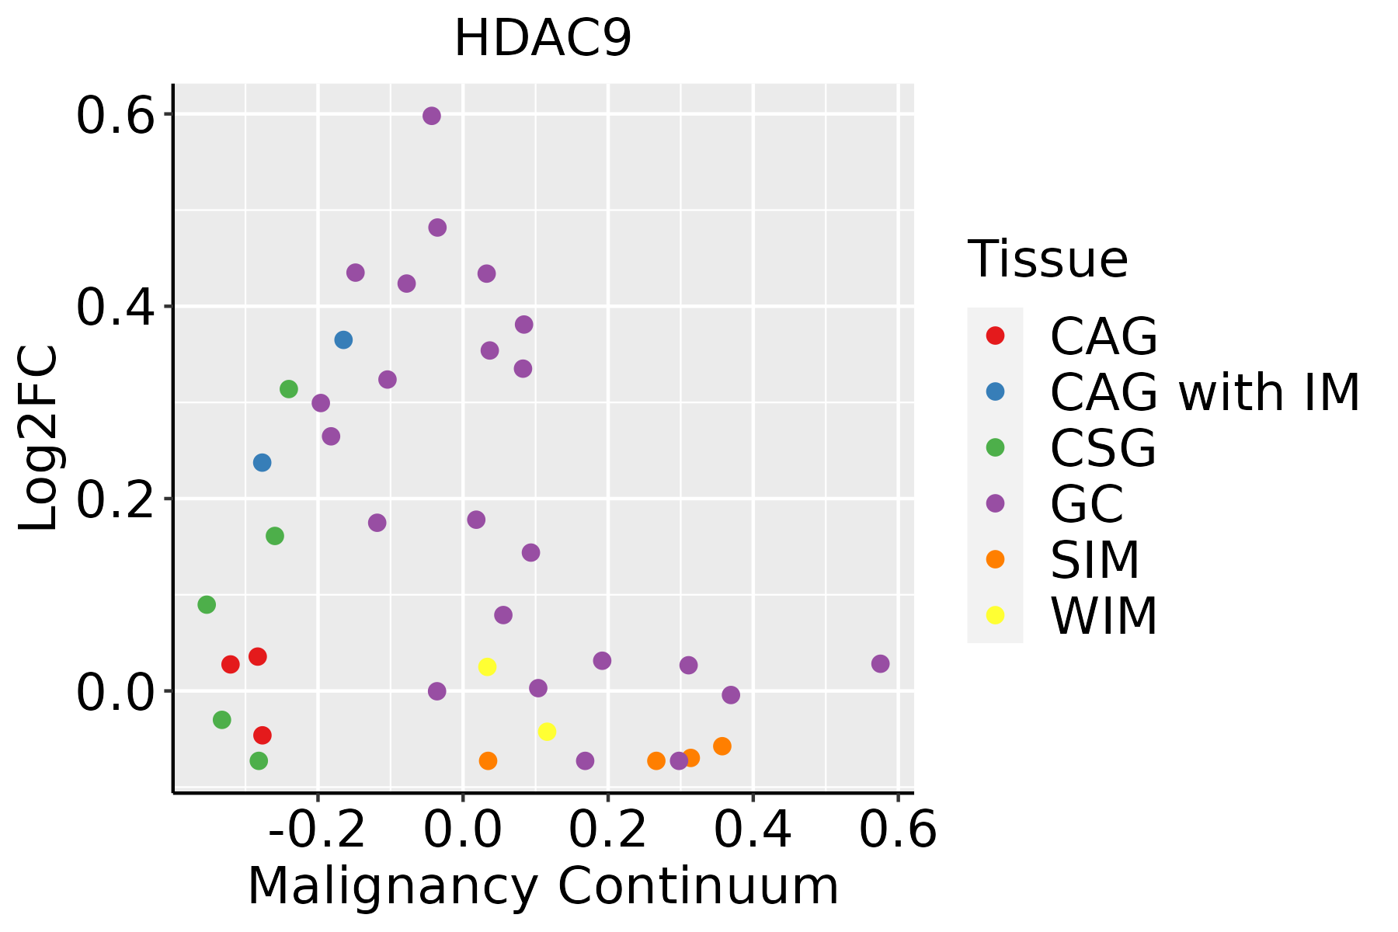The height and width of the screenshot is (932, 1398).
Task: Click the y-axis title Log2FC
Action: pyautogui.click(x=39, y=438)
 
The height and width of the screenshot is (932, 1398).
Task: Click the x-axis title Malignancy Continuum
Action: pyautogui.click(x=543, y=886)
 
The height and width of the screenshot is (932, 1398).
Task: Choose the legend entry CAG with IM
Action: pyautogui.click(x=1205, y=392)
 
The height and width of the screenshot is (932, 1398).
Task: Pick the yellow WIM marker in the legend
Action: pyautogui.click(x=995, y=615)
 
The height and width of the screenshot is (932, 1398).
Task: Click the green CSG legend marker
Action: pyautogui.click(x=995, y=447)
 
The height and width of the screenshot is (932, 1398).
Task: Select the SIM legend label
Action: pyautogui.click(x=1095, y=560)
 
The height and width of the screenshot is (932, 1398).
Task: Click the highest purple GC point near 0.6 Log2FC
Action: pyautogui.click(x=432, y=116)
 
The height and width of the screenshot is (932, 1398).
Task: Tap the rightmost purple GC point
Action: pyautogui.click(x=880, y=664)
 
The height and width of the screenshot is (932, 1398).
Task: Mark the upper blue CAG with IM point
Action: pyautogui.click(x=343, y=340)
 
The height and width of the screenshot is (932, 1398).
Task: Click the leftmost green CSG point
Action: pyautogui.click(x=207, y=605)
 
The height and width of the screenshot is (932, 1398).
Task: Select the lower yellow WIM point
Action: pyautogui.click(x=547, y=732)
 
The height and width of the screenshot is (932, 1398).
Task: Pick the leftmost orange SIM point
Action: pyautogui.click(x=488, y=761)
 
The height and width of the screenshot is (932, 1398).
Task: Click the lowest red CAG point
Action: pyautogui.click(x=263, y=736)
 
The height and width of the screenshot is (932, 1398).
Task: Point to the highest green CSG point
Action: pyautogui.click(x=289, y=389)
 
